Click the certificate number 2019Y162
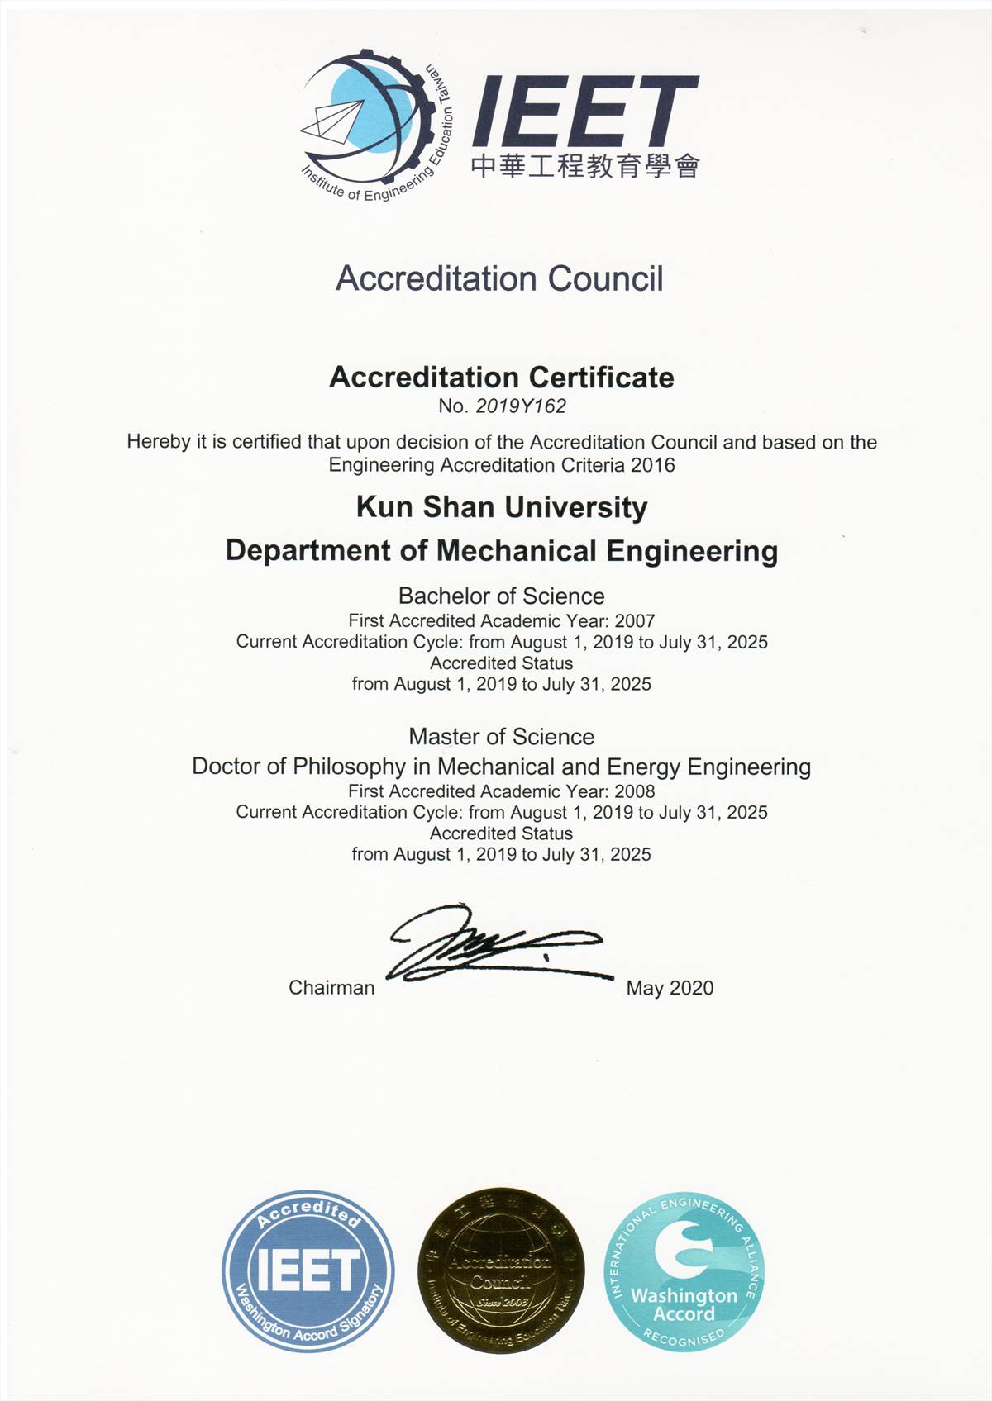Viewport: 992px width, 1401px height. tap(521, 406)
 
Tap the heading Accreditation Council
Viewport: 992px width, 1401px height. tap(499, 279)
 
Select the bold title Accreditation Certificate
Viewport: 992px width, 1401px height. tap(502, 378)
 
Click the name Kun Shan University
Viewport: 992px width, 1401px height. tap(502, 506)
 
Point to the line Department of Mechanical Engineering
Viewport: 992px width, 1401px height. tap(502, 550)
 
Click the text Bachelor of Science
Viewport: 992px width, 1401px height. tap(501, 596)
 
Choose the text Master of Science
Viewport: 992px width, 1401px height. tap(501, 736)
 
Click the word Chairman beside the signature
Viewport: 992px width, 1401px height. tap(331, 988)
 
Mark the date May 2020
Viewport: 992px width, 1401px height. tap(670, 988)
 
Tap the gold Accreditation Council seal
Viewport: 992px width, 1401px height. tap(500, 1270)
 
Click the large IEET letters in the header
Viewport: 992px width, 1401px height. tap(584, 111)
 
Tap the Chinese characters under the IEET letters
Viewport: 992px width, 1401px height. tap(585, 166)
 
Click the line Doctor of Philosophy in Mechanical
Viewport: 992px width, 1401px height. tap(501, 767)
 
